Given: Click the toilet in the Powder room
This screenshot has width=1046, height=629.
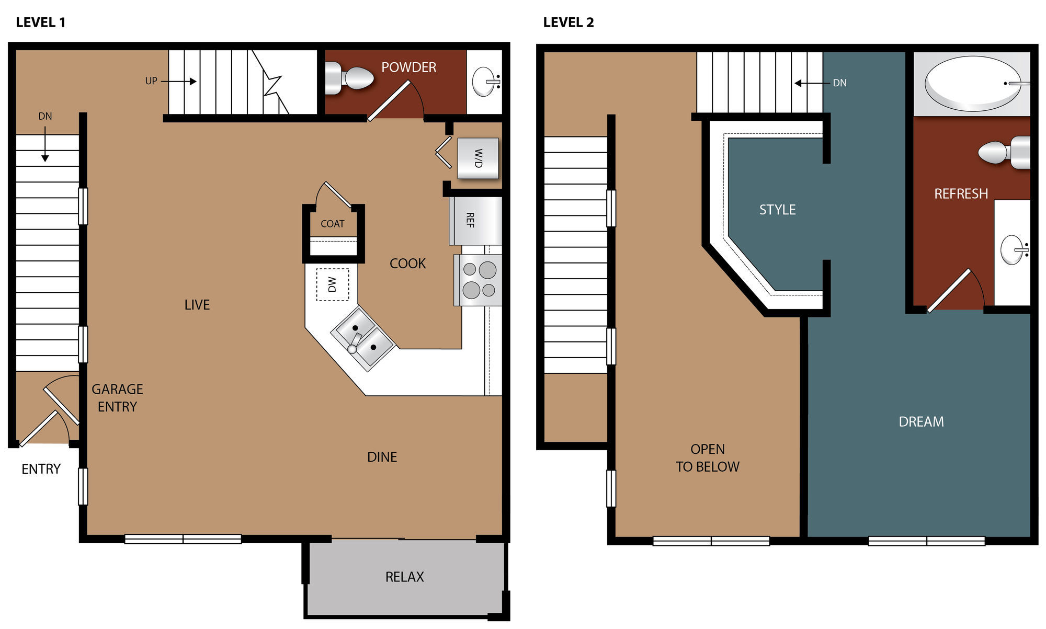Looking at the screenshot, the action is click(x=349, y=78).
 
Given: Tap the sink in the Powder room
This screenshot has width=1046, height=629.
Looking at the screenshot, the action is click(x=485, y=82).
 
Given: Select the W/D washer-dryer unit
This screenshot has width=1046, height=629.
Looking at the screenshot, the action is click(x=478, y=158).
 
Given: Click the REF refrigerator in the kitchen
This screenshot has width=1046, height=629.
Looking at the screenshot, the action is click(x=475, y=220).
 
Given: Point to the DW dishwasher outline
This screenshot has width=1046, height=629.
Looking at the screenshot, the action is click(x=333, y=284).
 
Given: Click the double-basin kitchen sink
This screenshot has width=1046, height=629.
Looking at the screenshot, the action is click(x=362, y=339).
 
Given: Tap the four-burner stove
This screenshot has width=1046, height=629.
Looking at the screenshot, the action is click(x=478, y=280).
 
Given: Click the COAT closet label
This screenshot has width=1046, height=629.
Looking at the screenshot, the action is click(x=333, y=224).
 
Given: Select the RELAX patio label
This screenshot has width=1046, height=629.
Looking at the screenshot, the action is click(x=404, y=577).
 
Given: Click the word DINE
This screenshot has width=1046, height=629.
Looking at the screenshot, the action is click(x=382, y=457).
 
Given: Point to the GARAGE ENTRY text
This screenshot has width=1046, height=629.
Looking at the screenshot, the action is click(x=117, y=398).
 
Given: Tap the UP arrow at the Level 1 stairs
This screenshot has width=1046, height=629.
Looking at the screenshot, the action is click(x=179, y=81).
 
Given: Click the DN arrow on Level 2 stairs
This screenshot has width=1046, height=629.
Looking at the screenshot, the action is click(x=812, y=83).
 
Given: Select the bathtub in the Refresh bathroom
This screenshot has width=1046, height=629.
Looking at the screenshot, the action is click(x=973, y=84).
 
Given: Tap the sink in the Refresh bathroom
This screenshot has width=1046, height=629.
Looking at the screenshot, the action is click(x=1014, y=250).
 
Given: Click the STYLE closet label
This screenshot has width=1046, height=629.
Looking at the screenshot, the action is click(x=777, y=210).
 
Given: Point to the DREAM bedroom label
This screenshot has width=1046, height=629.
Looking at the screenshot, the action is click(x=921, y=422).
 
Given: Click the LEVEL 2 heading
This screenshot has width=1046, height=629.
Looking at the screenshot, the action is click(x=569, y=22).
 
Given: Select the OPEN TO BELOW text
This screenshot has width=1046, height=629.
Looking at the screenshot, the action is click(x=708, y=458).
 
